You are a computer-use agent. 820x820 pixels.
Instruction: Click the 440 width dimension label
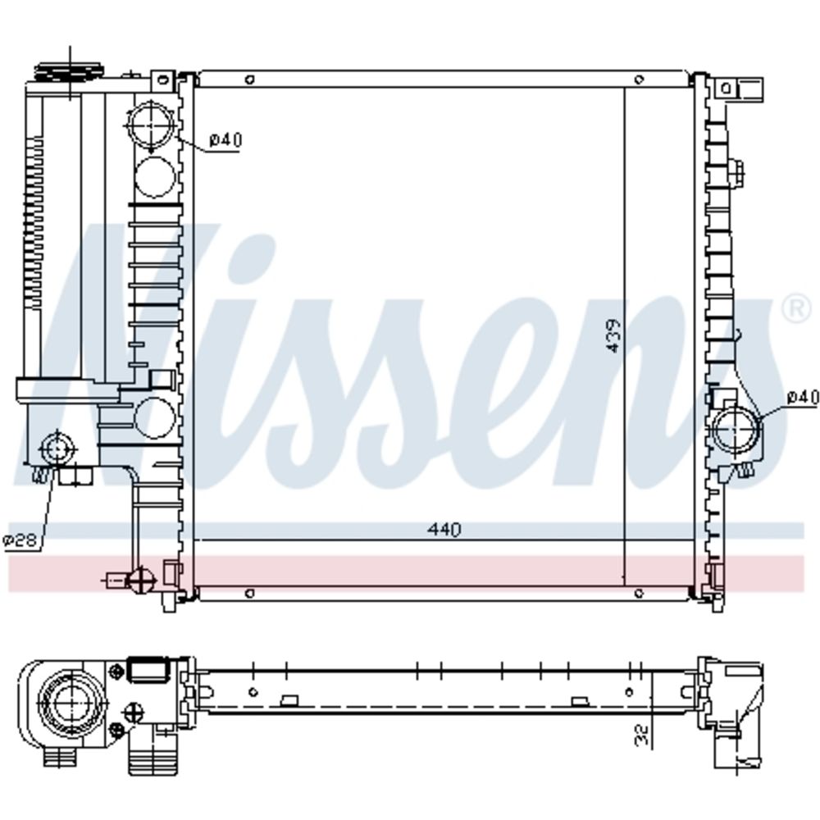coord(444,529)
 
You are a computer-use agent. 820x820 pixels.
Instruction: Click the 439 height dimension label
coord(613,335)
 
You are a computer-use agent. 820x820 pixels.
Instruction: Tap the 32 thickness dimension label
coord(643,734)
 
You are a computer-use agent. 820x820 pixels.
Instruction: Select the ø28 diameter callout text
coord(20,540)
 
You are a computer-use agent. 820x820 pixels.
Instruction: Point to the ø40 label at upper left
coord(225,139)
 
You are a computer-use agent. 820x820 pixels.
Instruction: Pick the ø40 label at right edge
coord(803,398)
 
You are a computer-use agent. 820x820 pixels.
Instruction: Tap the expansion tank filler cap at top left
coord(69,72)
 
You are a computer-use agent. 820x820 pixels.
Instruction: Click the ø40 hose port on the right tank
coord(736,430)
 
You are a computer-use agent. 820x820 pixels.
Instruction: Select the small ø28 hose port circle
coord(57,449)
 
